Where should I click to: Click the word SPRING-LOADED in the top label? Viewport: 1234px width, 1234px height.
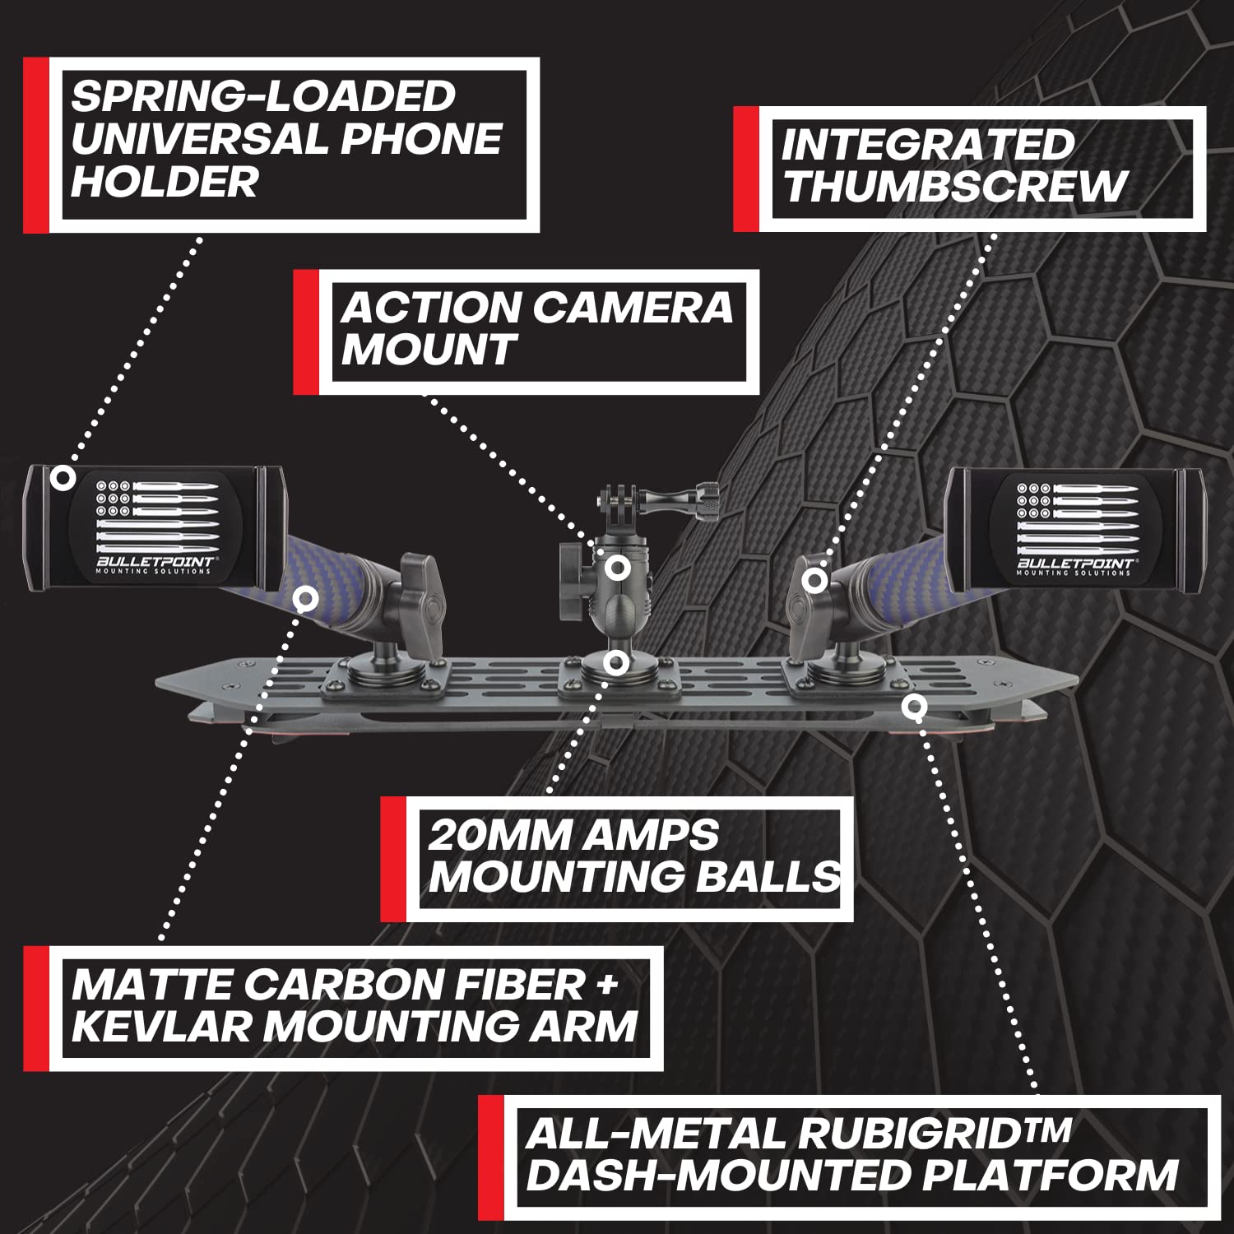tap(262, 96)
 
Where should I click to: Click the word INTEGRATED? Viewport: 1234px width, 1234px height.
tap(927, 145)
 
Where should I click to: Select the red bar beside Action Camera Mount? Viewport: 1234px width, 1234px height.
tap(306, 332)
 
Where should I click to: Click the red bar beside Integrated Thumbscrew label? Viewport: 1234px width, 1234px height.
tap(745, 169)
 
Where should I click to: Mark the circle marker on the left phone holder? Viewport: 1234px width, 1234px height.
tap(63, 477)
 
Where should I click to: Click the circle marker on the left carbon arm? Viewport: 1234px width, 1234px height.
tap(305, 598)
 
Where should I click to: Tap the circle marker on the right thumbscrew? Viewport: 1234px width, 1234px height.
tap(814, 580)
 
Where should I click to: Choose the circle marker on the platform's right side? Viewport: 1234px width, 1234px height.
tap(914, 706)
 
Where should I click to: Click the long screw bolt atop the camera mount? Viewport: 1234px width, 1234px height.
tap(683, 494)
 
